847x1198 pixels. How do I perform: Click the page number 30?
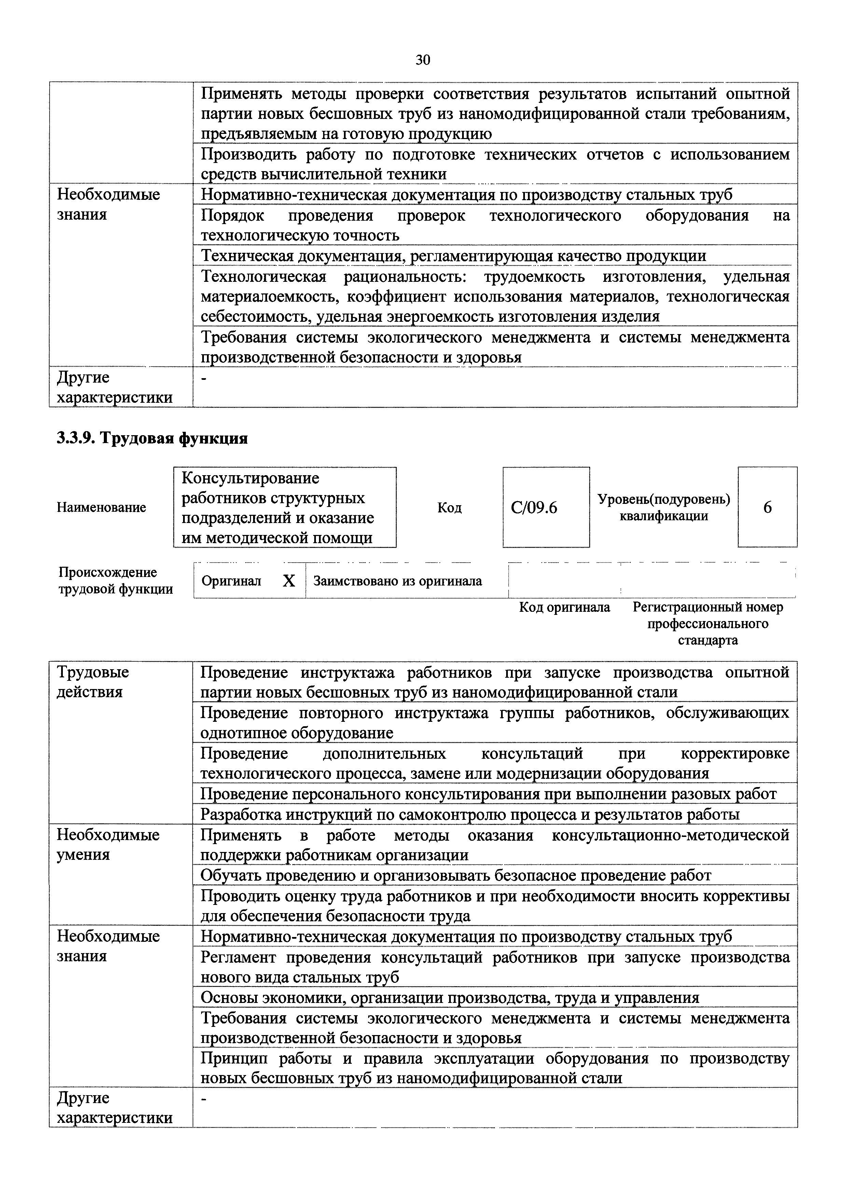tap(422, 60)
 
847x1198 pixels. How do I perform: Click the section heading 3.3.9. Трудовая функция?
tap(152, 438)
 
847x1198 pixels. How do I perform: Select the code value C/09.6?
tap(534, 507)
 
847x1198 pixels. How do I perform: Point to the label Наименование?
tap(101, 507)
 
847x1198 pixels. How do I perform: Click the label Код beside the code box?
tap(449, 507)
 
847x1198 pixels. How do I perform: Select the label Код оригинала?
tap(564, 607)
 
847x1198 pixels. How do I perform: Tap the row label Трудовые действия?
tap(93, 682)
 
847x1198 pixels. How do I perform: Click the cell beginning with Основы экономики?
tap(449, 997)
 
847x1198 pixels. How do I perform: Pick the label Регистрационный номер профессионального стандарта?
tap(708, 623)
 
